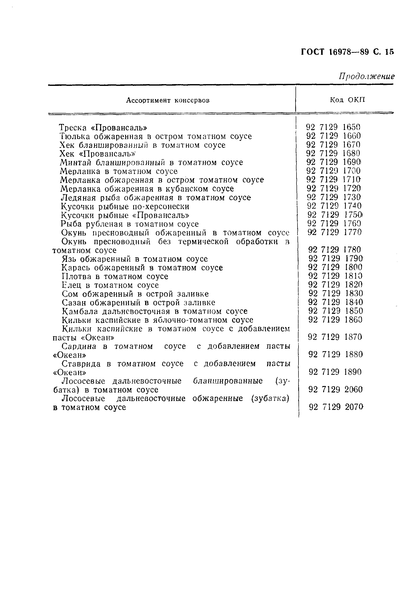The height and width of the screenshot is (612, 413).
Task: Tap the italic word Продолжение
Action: (366, 76)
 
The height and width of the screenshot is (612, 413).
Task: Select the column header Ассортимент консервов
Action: (168, 100)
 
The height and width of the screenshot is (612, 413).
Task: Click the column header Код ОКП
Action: (347, 100)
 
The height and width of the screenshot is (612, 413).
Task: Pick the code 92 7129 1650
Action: (333, 127)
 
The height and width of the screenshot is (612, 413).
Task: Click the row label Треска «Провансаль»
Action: (103, 128)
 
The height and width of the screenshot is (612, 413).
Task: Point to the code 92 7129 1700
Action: (333, 171)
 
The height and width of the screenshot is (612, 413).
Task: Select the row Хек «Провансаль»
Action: (99, 154)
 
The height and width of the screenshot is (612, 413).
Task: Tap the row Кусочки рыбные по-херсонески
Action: (125, 207)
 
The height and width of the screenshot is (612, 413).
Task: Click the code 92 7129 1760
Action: (334, 223)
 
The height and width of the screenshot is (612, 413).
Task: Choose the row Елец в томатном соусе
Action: (110, 285)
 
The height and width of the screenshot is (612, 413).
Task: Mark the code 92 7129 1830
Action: (335, 293)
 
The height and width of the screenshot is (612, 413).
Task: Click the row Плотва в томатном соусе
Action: (115, 277)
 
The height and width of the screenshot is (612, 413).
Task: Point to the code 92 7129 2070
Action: (336, 407)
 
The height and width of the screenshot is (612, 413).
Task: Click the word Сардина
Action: (79, 346)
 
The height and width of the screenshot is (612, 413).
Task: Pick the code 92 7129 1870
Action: (335, 337)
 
